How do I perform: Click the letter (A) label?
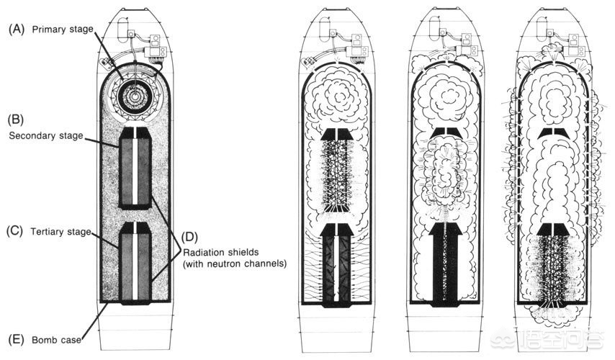pyautogui.click(x=17, y=29)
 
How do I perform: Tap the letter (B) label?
pyautogui.click(x=16, y=120)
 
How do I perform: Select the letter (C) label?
pyautogui.click(x=15, y=230)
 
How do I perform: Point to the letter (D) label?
pyautogui.click(x=190, y=238)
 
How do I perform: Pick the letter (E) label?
pyautogui.click(x=16, y=339)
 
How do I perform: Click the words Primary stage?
pyautogui.click(x=63, y=30)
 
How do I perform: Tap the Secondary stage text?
pyautogui.click(x=46, y=135)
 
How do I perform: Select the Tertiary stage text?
pyautogui.click(x=60, y=232)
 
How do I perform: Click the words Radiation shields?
pyautogui.click(x=221, y=252)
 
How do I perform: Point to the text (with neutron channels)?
pyautogui.click(x=235, y=264)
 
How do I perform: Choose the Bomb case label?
pyautogui.click(x=56, y=340)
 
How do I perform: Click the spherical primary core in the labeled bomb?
pyautogui.click(x=135, y=95)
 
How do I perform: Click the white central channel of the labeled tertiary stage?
pyautogui.click(x=135, y=261)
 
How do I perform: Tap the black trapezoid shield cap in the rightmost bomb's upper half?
pyautogui.click(x=554, y=133)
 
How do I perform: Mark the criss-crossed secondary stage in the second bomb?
pyautogui.click(x=337, y=175)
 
